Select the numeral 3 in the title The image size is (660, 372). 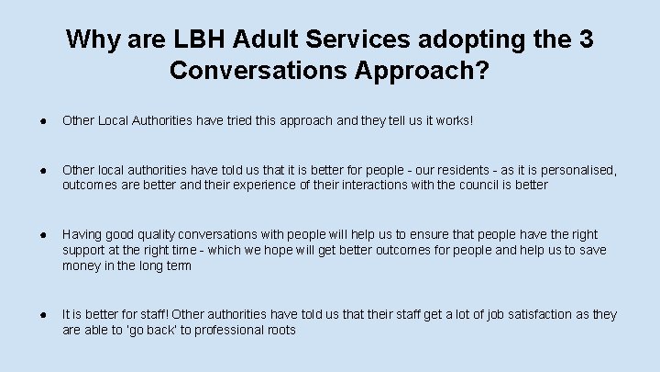point(583,40)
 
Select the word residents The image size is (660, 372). point(458,170)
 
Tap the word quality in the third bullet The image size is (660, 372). point(151,234)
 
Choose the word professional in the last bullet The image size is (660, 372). point(229,330)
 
